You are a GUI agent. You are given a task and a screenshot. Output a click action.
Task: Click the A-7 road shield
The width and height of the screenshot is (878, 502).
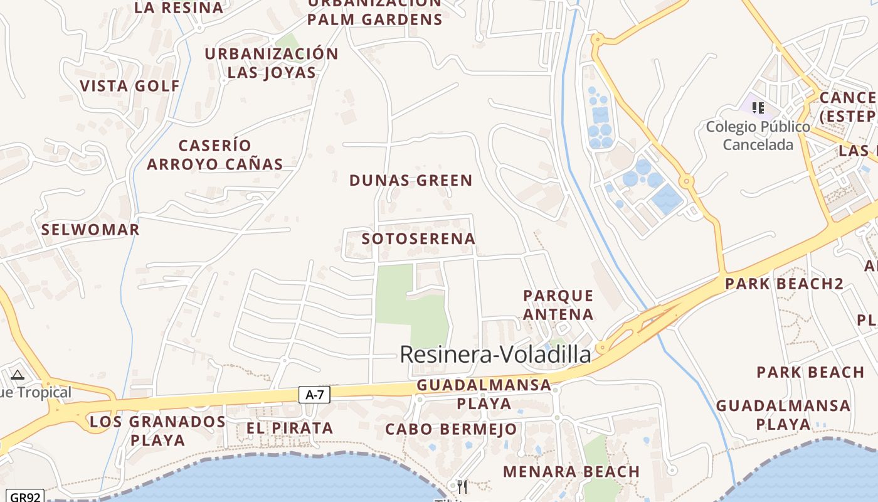pyautogui.click(x=314, y=395)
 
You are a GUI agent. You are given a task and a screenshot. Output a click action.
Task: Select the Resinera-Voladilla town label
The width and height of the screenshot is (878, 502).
pyautogui.click(x=495, y=355)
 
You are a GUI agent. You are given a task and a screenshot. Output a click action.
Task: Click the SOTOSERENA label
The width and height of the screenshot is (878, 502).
pyautogui.click(x=418, y=239)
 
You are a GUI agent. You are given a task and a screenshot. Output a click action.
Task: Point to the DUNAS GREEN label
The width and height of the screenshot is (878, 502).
pyautogui.click(x=411, y=181)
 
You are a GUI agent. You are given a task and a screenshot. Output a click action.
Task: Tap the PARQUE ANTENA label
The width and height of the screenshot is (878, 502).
pyautogui.click(x=558, y=304)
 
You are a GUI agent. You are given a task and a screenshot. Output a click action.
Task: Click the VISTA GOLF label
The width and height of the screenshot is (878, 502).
pyautogui.click(x=130, y=86)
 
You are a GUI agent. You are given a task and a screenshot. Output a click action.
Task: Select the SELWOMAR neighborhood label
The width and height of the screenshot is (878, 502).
pyautogui.click(x=90, y=230)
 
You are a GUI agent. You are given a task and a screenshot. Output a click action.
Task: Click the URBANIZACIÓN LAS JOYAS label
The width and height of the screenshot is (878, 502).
pyautogui.click(x=272, y=63)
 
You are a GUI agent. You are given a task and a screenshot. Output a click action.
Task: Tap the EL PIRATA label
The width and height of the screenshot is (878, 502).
pyautogui.click(x=289, y=429)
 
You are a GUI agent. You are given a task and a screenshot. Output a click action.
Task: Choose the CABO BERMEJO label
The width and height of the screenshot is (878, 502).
pyautogui.click(x=451, y=430)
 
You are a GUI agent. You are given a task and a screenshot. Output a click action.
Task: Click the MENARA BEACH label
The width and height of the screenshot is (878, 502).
pyautogui.click(x=571, y=471)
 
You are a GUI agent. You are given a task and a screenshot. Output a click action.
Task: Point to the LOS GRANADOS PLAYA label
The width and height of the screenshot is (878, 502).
pyautogui.click(x=157, y=430)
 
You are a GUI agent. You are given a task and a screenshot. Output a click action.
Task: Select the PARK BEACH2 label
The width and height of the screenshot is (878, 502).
pyautogui.click(x=784, y=284)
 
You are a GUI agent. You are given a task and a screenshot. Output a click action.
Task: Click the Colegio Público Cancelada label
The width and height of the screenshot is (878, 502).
pyautogui.click(x=758, y=136)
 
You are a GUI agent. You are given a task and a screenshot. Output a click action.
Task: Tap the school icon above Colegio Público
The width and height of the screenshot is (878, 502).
pyautogui.click(x=758, y=108)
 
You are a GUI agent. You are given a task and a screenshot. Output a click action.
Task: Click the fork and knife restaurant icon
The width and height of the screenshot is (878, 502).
pyautogui.click(x=462, y=486)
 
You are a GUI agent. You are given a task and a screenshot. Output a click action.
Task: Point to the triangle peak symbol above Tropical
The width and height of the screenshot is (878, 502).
pyautogui.click(x=18, y=375)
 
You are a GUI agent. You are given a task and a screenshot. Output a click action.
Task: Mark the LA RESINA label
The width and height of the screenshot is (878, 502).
pyautogui.click(x=179, y=8)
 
